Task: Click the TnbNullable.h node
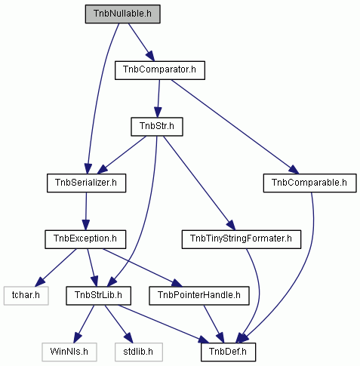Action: click(x=122, y=14)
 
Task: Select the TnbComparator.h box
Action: click(x=160, y=70)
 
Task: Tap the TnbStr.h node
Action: click(x=157, y=127)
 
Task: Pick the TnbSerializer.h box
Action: click(x=86, y=183)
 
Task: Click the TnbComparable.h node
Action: click(x=309, y=183)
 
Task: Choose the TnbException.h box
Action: click(x=85, y=239)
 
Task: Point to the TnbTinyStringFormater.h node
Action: click(x=242, y=239)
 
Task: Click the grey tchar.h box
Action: click(x=26, y=296)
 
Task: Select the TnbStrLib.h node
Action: click(x=98, y=296)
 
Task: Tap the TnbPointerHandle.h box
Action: click(x=199, y=296)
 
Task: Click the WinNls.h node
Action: click(x=69, y=352)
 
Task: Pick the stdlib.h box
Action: click(x=139, y=352)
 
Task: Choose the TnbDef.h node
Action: click(x=228, y=352)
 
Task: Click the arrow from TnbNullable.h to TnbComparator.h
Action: click(x=141, y=42)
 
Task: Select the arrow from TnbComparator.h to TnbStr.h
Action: click(x=158, y=99)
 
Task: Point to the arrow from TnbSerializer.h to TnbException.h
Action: click(x=86, y=211)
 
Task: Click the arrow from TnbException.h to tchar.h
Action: click(x=56, y=268)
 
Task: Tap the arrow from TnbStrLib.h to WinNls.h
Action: click(x=84, y=324)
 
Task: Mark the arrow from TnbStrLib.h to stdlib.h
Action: click(x=118, y=324)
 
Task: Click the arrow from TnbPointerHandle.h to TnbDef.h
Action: click(x=214, y=324)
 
